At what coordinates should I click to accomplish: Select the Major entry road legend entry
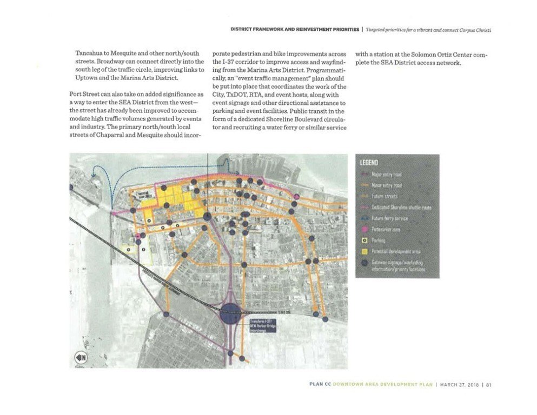[386, 175]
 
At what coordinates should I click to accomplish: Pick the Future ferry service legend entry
[389, 218]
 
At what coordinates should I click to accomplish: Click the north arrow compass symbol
[81, 357]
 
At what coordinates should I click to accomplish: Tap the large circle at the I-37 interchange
[230, 313]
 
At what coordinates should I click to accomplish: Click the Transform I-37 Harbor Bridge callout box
[259, 326]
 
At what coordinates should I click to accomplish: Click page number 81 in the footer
[488, 385]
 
